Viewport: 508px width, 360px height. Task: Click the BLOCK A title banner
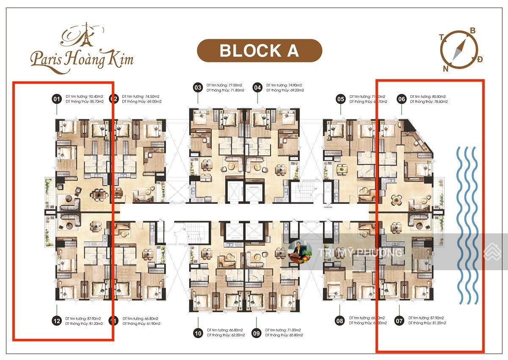(x=259, y=51)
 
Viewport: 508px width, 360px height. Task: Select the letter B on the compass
(x=472, y=30)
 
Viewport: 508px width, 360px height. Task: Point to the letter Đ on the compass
(x=480, y=59)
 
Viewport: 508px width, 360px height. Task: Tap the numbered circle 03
(x=198, y=88)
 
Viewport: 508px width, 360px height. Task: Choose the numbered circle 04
(x=257, y=88)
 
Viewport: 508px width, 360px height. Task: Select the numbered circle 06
(x=401, y=99)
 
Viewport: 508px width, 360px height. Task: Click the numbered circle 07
(x=399, y=321)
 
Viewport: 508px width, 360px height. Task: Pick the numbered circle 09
(x=256, y=333)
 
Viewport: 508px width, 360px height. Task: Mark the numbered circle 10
(x=198, y=333)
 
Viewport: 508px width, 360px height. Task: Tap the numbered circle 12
(x=56, y=321)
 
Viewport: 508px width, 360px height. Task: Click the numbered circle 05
(x=341, y=99)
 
